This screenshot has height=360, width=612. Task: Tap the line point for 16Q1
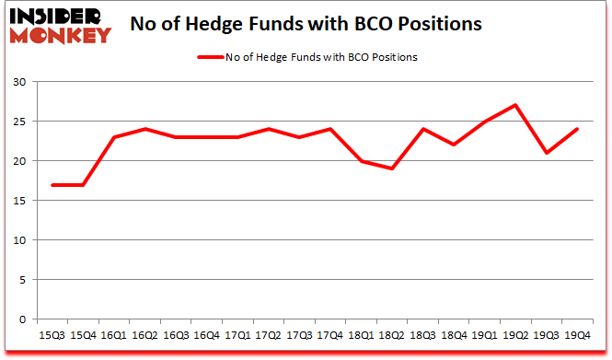[x=115, y=137]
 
